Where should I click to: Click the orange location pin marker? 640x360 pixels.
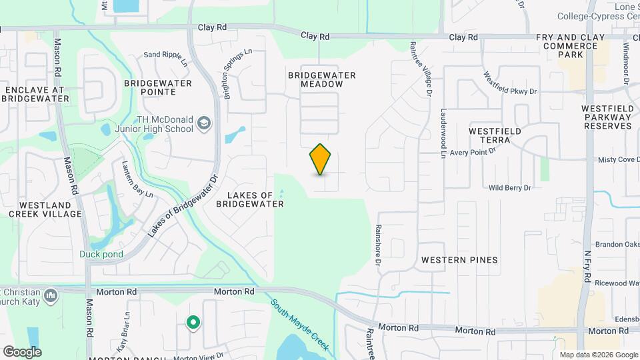tap(321, 159)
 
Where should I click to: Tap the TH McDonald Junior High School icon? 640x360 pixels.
tap(204, 123)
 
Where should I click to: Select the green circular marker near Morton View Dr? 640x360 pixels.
tap(193, 323)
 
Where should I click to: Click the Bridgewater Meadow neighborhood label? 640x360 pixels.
tap(322, 79)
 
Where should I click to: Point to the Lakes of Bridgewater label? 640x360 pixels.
tap(250, 200)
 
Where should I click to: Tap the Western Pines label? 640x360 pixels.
tap(459, 259)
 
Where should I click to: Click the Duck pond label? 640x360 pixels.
tap(101, 254)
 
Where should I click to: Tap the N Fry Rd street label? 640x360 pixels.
tap(587, 263)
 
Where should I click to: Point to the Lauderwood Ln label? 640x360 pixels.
tap(442, 134)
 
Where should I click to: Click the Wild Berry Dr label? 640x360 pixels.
tap(509, 188)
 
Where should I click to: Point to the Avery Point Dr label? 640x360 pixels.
tap(473, 152)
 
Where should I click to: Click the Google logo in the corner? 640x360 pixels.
tap(22, 351)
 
